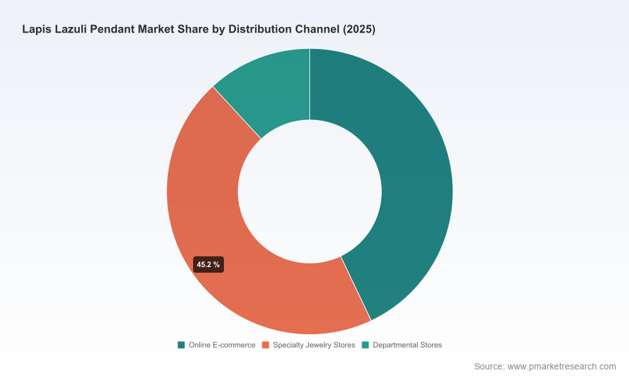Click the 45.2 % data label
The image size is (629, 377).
click(x=208, y=265)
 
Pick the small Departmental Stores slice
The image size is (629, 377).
click(x=273, y=88)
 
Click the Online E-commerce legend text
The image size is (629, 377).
click(x=222, y=345)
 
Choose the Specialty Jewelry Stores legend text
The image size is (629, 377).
click(x=314, y=345)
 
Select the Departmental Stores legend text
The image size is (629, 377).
click(x=407, y=345)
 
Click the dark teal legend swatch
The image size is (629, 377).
click(x=181, y=345)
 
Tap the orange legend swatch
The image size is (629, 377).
click(x=265, y=345)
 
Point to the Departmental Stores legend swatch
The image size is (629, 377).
click(x=365, y=345)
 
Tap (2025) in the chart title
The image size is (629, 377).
click(x=359, y=30)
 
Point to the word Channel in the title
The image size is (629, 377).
click(x=317, y=30)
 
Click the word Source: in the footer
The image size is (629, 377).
click(x=489, y=366)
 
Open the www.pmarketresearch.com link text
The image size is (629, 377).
click(x=562, y=366)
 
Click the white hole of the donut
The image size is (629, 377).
click(x=309, y=192)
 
